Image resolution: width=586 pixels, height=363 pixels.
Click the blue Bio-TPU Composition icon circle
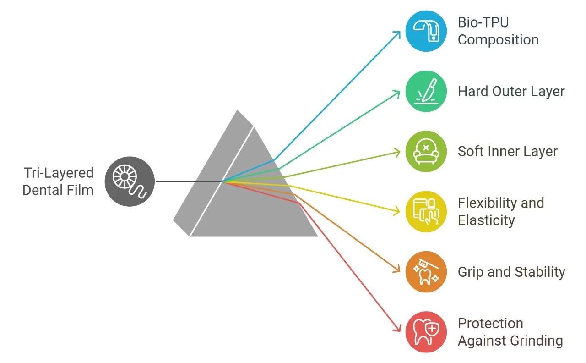426,31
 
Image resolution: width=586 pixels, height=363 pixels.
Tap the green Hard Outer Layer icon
426,91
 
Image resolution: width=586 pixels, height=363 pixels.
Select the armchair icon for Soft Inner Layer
426,151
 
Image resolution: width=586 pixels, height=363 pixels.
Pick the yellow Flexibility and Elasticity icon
426,212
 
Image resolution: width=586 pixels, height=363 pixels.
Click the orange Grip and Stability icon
426,272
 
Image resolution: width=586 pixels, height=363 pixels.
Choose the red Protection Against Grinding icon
426,332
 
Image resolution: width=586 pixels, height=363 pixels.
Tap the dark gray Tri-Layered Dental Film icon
130,181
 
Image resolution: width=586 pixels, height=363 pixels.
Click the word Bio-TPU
483,22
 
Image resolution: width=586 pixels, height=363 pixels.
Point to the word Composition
498,40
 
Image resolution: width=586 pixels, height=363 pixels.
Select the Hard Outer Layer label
511,92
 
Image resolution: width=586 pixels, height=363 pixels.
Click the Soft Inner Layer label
508,152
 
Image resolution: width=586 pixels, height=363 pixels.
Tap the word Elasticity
486,220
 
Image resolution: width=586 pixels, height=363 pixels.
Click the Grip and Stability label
511,272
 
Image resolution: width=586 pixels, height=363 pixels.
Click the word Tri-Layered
59,173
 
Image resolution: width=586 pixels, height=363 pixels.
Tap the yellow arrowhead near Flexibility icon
396,211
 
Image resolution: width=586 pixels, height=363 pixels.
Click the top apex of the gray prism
237,110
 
